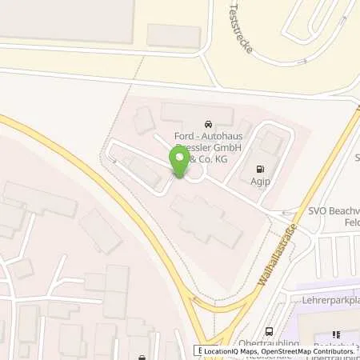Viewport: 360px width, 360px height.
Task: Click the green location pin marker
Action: (x=179, y=163)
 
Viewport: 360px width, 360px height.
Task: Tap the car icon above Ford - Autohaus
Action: (x=209, y=125)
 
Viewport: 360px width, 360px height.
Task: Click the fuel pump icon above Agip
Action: (x=258, y=169)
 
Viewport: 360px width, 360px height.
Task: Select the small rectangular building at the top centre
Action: (x=174, y=35)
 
